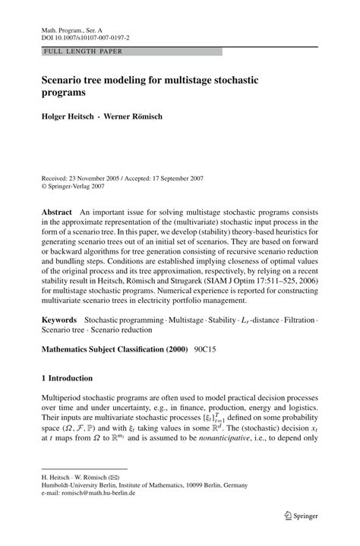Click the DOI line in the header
pyautogui.click(x=85, y=36)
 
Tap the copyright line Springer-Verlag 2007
pyautogui.click(x=80, y=185)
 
